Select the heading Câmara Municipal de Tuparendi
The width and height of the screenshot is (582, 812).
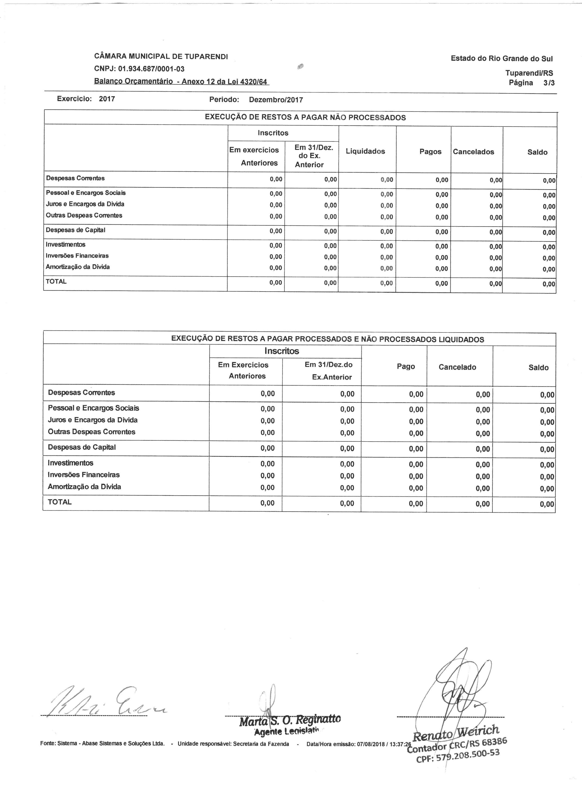coord(161,56)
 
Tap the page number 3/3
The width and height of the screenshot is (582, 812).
coord(549,83)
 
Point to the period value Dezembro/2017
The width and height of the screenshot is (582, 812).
coord(276,100)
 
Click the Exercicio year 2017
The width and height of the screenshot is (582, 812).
coord(107,99)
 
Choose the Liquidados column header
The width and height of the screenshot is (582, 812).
coord(365,151)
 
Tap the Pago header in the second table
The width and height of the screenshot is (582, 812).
coord(406,366)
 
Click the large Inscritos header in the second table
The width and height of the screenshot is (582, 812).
coord(282,351)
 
